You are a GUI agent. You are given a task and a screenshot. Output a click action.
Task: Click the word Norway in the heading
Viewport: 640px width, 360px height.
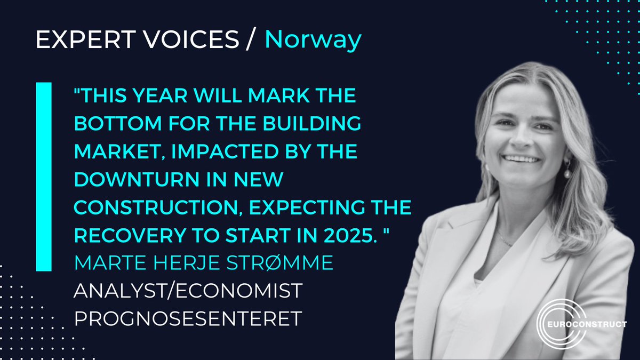pyautogui.click(x=313, y=41)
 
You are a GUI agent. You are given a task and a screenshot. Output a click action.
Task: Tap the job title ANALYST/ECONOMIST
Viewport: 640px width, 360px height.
pyautogui.click(x=188, y=291)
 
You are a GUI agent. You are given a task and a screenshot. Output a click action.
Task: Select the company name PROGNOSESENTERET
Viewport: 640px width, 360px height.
pyautogui.click(x=188, y=318)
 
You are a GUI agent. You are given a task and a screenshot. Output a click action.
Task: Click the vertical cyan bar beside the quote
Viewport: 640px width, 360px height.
pyautogui.click(x=44, y=176)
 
